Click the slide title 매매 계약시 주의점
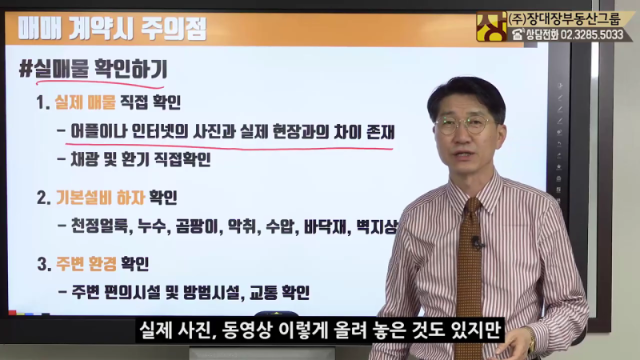[112, 28]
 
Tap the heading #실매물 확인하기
[94, 69]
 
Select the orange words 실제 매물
[86, 102]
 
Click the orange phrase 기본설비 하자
[101, 198]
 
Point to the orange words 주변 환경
[86, 264]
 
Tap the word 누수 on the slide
[151, 226]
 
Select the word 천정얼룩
[99, 226]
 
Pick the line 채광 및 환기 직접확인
[141, 159]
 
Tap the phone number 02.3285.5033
[592, 34]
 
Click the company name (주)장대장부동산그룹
[565, 18]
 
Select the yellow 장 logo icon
[491, 26]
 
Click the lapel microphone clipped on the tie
[476, 242]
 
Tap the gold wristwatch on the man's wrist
[531, 340]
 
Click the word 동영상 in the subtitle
[246, 330]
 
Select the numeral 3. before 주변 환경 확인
[44, 264]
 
